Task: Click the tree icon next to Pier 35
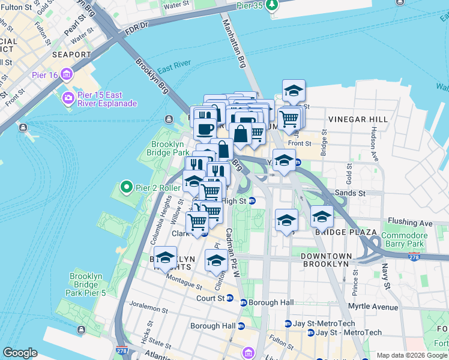(273, 5)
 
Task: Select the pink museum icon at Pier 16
(65, 75)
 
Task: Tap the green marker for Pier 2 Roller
(126, 188)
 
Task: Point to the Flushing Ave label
(410, 223)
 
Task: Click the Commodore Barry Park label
(404, 239)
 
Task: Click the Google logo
(20, 352)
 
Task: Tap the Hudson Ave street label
(376, 144)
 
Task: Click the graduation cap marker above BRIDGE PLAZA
(322, 217)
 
